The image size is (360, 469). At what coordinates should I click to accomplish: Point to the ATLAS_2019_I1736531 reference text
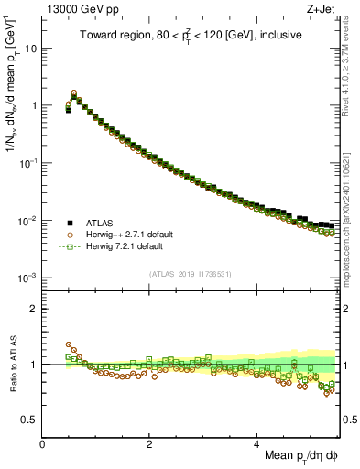[190, 274]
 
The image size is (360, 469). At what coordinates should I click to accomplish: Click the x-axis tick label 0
[43, 443]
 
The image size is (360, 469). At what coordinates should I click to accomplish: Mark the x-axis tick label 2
[150, 443]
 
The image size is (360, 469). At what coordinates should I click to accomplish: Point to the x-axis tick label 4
[257, 443]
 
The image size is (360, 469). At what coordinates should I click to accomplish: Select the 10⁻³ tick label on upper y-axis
[27, 278]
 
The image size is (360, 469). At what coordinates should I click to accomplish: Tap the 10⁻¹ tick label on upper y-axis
[27, 162]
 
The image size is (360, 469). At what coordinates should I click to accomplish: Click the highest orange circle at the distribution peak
[74, 93]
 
